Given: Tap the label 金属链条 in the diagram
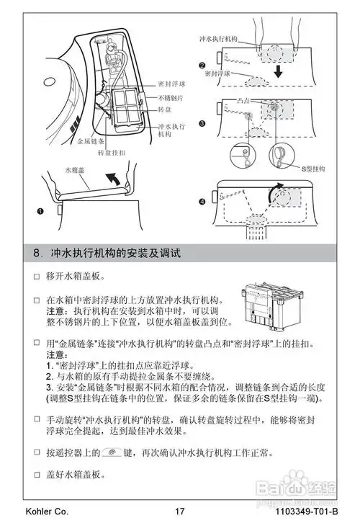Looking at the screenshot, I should pos(90,142).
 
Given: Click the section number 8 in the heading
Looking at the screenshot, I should pos(37,254).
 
